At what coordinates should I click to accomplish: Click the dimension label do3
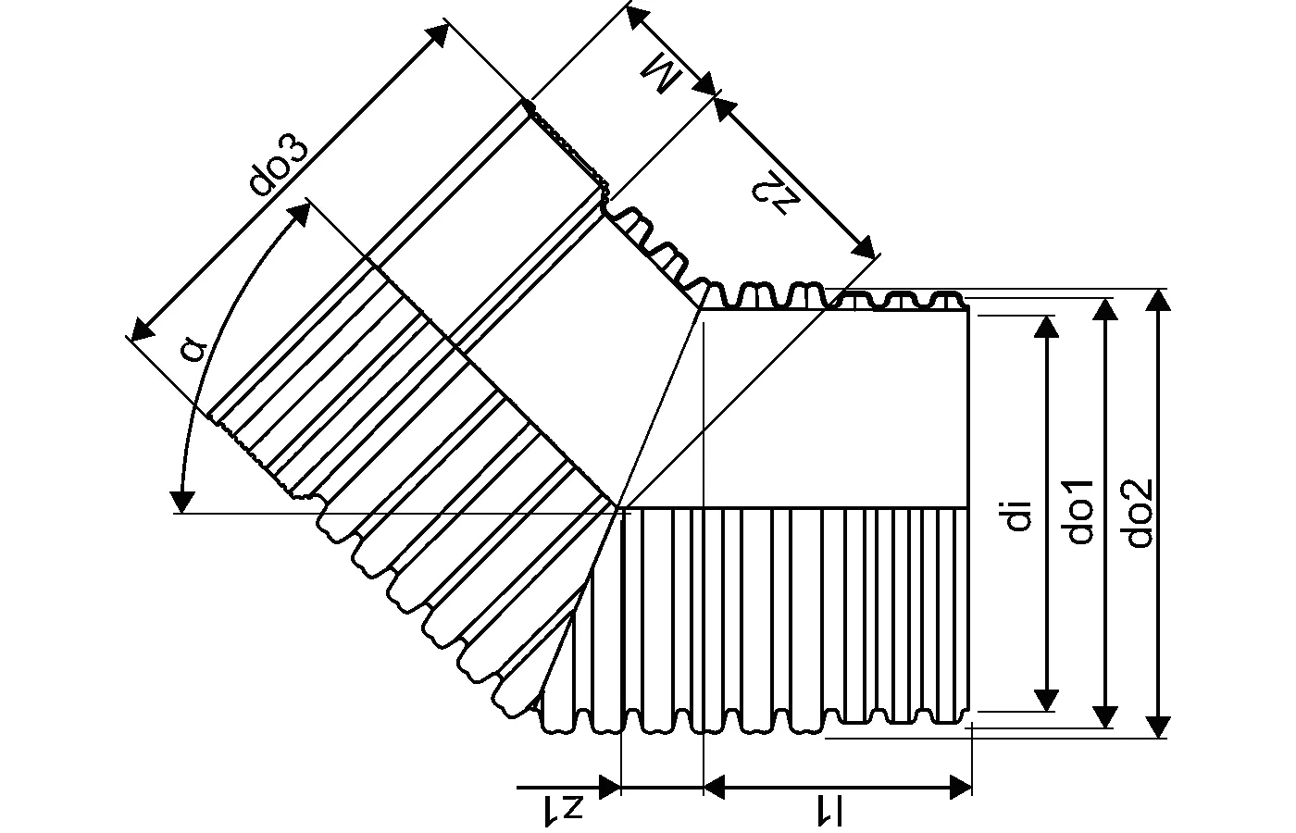pyautogui.click(x=279, y=166)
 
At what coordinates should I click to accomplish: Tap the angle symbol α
pyautogui.click(x=193, y=348)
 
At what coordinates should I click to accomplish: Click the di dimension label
pyautogui.click(x=1019, y=516)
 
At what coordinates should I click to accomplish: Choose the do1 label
pyautogui.click(x=1080, y=511)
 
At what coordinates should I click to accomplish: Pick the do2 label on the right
pyautogui.click(x=1140, y=513)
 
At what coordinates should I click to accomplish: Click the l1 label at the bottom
pyautogui.click(x=829, y=811)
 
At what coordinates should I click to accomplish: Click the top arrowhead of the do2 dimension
pyautogui.click(x=1158, y=300)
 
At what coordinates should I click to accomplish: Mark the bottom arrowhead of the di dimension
pyautogui.click(x=1046, y=700)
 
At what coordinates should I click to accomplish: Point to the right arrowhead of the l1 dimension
pyautogui.click(x=961, y=788)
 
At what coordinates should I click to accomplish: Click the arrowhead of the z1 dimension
pyautogui.click(x=610, y=788)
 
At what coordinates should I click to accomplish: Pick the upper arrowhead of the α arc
pyautogui.click(x=301, y=213)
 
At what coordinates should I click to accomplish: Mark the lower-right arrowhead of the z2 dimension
pyautogui.click(x=863, y=248)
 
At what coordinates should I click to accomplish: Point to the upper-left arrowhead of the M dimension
pyautogui.click(x=638, y=18)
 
